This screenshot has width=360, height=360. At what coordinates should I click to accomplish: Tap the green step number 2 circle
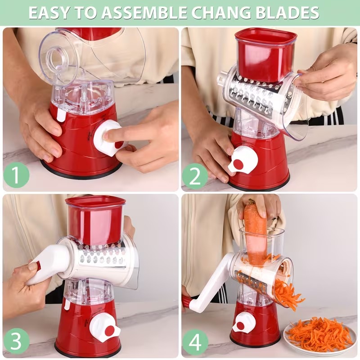coord(195,176)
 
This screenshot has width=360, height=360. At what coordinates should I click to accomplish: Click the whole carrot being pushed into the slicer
coord(256,232)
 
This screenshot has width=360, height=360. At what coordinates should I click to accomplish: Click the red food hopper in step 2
coord(265,56)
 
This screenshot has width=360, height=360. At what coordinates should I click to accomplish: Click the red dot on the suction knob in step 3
coord(110,330)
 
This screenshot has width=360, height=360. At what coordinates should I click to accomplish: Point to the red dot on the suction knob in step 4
coord(240,325)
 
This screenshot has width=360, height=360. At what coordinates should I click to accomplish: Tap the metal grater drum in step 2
coord(255,95)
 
